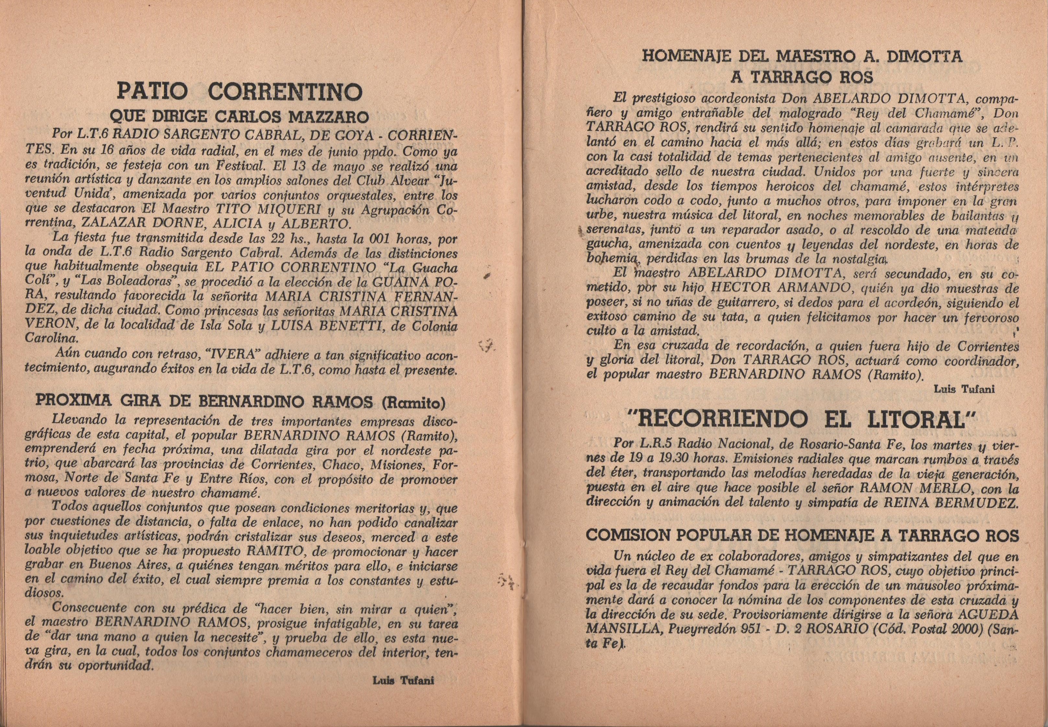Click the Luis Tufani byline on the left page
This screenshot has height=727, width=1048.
[x=403, y=693]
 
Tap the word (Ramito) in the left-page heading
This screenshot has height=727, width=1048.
[x=413, y=402]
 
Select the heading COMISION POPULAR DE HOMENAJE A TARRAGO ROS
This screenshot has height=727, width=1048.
[x=801, y=536]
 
